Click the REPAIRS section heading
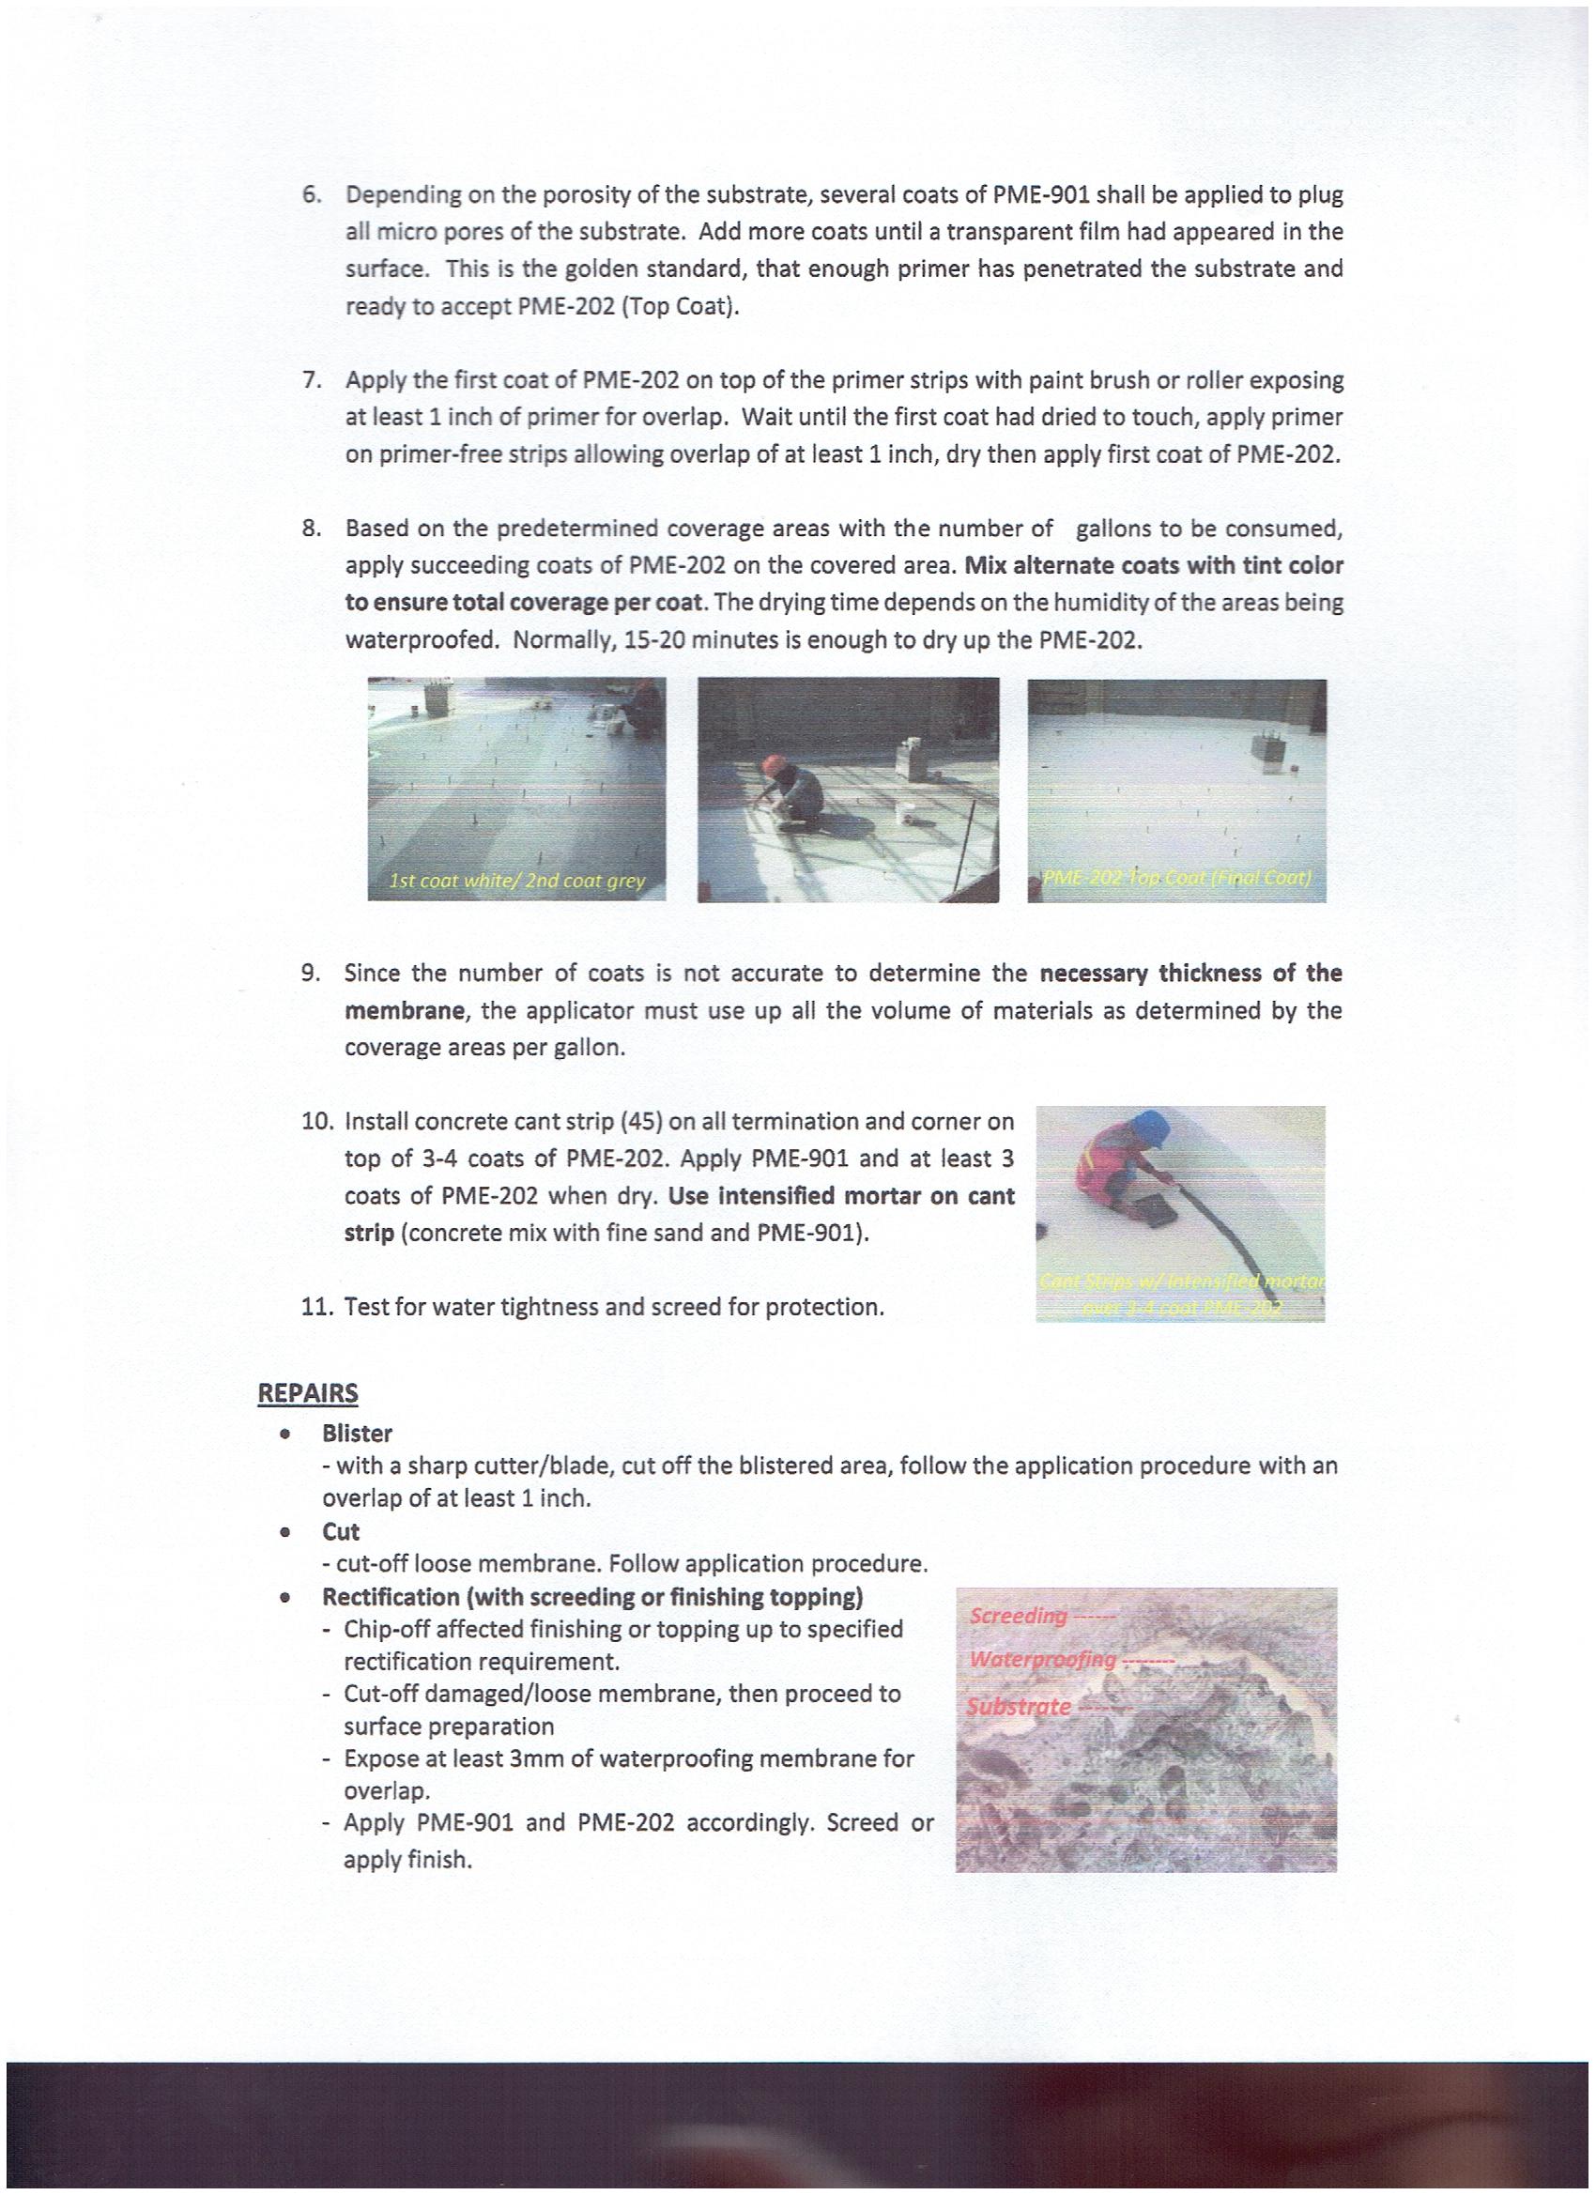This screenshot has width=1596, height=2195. [307, 1393]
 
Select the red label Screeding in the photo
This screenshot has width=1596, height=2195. [1018, 1616]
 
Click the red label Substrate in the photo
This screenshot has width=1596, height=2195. [1020, 1706]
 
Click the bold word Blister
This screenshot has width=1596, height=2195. [357, 1434]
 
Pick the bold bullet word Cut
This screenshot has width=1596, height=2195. [341, 1531]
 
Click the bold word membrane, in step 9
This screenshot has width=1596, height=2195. [406, 1011]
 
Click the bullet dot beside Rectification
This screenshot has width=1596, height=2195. [284, 1597]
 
